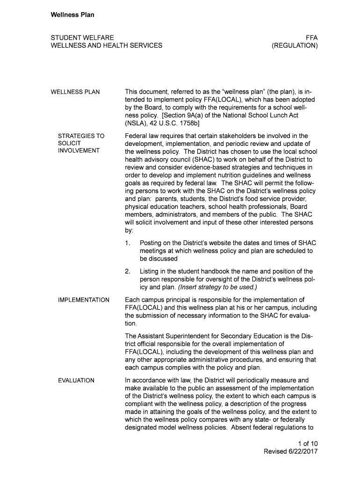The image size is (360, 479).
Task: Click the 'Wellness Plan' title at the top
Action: click(x=72, y=15)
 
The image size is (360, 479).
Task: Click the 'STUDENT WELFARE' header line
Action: click(x=82, y=37)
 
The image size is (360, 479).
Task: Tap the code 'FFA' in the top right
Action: click(x=311, y=37)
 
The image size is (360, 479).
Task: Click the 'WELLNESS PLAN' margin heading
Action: click(x=75, y=92)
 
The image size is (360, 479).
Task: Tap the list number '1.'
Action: click(x=128, y=243)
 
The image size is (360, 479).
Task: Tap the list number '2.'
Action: click(x=128, y=271)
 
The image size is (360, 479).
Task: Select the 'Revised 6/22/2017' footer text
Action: click(x=291, y=451)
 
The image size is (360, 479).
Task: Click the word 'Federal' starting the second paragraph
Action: click(x=137, y=136)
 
